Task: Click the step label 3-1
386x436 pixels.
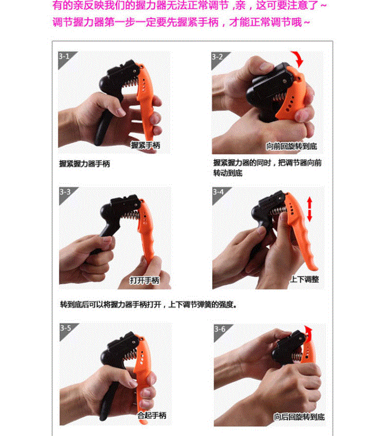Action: coord(64,57)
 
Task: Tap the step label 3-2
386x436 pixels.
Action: coord(217,57)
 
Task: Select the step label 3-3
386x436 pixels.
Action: coord(65,192)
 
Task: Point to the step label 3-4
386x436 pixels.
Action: coord(218,192)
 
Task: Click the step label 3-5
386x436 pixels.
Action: coord(66,328)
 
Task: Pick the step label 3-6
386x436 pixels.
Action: coord(220,329)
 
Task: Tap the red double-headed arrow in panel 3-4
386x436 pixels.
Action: coord(309,209)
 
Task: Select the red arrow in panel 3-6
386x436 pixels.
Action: coord(308,333)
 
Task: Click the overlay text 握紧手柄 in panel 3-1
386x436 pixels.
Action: coord(146,145)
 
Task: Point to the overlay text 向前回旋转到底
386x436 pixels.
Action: coord(291,146)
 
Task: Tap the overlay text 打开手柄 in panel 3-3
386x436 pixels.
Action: coord(145,280)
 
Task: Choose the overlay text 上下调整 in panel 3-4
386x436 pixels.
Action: coord(304,279)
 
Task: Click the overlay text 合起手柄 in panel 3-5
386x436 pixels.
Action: coord(152,415)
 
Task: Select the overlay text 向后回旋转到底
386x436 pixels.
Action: coord(299,417)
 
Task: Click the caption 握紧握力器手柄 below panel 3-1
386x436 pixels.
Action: coord(84,164)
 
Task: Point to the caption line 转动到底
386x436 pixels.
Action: coord(228,173)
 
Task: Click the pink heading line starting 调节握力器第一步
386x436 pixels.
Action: coord(181,22)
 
